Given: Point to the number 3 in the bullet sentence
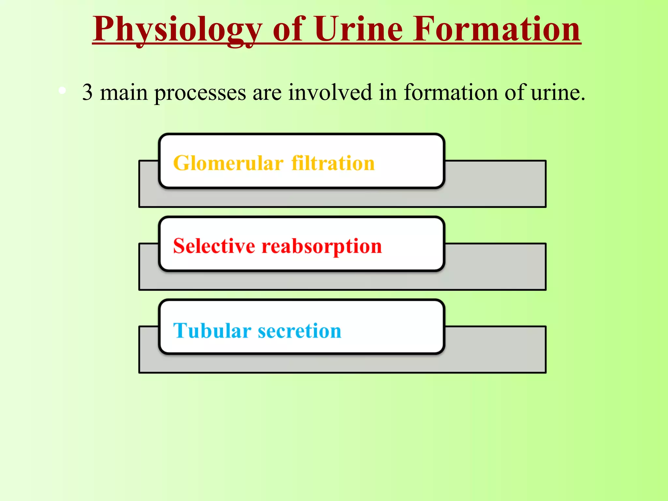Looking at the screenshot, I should click(87, 93).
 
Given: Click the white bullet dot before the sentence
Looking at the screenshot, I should click(62, 91).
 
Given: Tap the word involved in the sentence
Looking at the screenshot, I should click(330, 92).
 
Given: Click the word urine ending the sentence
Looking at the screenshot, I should click(556, 93).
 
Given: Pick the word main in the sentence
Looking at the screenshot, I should click(124, 93).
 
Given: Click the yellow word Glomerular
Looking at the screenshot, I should click(228, 163).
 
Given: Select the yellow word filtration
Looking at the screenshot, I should click(333, 163).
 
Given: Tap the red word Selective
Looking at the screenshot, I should click(214, 246).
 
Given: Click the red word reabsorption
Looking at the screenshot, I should click(322, 247).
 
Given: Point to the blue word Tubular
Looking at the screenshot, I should click(212, 331).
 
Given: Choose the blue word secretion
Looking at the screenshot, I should click(299, 331).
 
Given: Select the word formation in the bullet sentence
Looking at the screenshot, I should click(451, 92).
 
